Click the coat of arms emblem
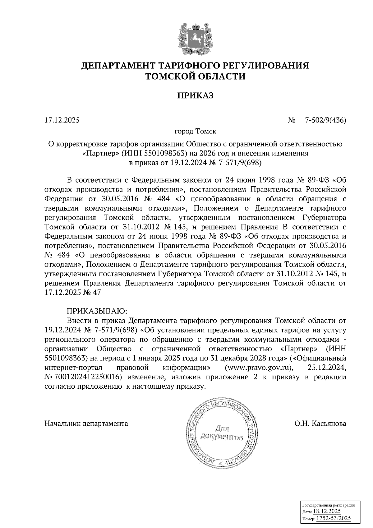point(195,38)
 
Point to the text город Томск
point(195,131)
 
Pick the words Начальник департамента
point(86,423)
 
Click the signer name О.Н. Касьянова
point(320,423)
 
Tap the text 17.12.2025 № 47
point(73,293)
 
